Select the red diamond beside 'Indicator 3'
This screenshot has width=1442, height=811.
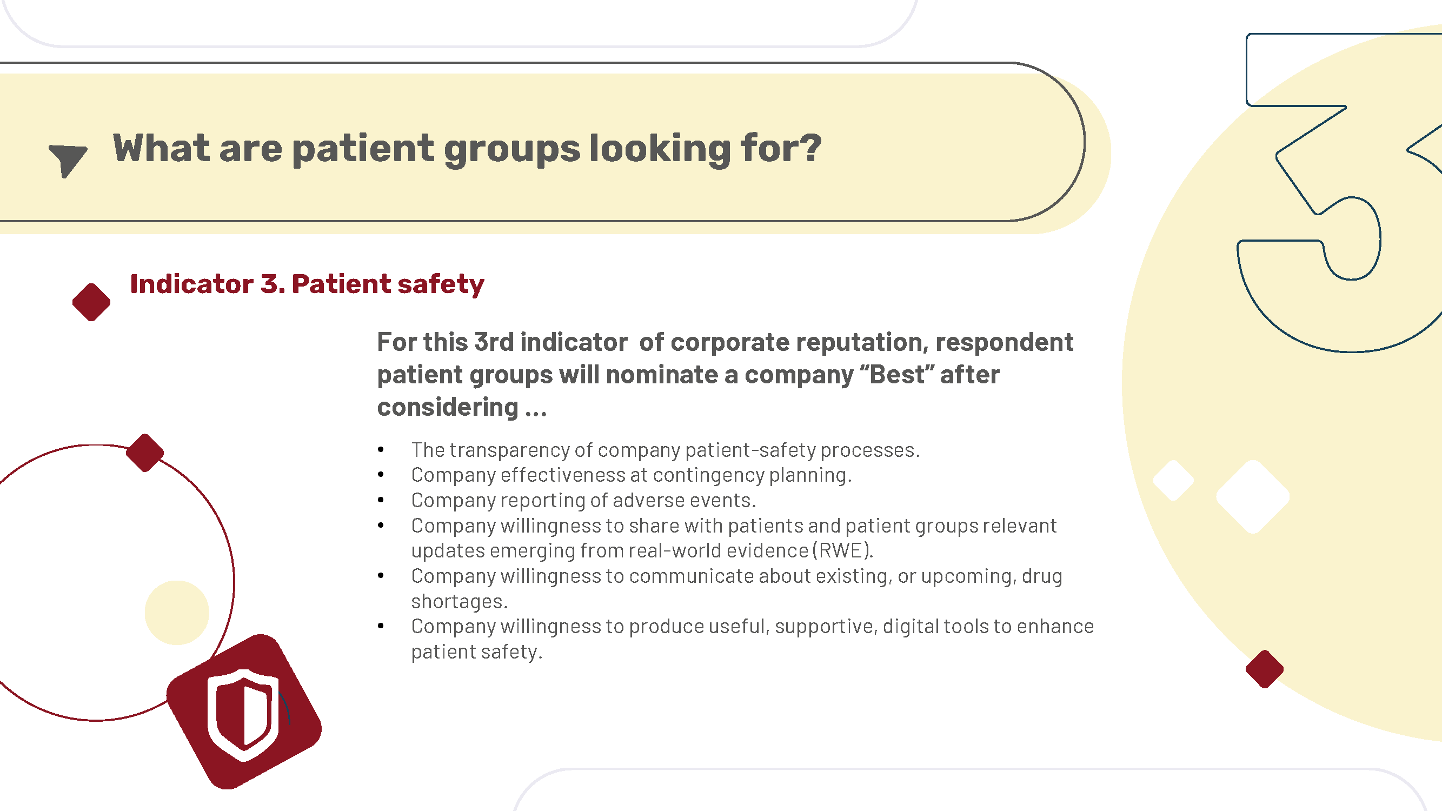91,302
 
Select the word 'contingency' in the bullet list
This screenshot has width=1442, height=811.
709,476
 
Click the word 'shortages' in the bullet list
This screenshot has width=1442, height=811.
458,601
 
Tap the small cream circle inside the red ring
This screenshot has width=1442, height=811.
177,613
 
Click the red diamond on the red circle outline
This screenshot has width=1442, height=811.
145,453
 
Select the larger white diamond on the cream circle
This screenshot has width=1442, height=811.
1253,496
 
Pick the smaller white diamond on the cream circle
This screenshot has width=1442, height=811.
1173,480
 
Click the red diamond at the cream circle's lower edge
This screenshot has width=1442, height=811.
1265,669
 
